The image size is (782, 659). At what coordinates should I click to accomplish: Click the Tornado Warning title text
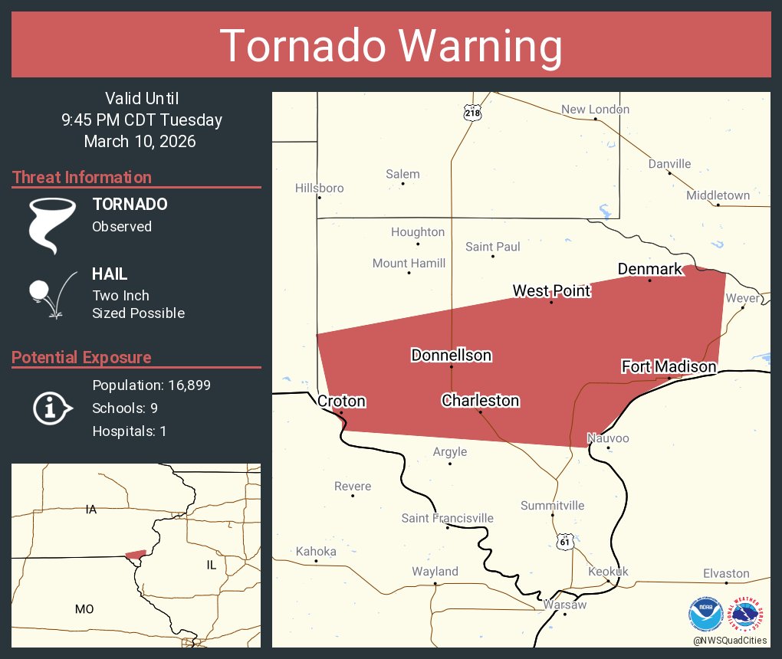click(x=391, y=46)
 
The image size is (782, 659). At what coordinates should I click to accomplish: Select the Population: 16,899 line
click(x=151, y=385)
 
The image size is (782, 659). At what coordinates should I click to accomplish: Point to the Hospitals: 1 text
click(x=129, y=431)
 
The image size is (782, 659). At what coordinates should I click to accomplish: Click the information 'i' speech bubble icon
click(x=51, y=408)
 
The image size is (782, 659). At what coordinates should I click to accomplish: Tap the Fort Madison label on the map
click(x=669, y=366)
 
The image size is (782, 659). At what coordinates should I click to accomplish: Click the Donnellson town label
click(x=451, y=355)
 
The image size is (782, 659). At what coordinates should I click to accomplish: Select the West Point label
click(x=551, y=290)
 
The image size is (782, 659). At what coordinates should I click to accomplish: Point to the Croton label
click(x=341, y=401)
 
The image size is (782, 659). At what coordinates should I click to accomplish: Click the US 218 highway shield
click(x=472, y=113)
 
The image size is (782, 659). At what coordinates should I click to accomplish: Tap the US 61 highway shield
click(x=565, y=541)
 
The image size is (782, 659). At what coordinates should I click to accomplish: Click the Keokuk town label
click(x=608, y=572)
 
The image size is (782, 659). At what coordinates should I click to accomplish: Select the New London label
click(x=595, y=110)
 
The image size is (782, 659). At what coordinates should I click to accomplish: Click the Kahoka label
click(x=316, y=551)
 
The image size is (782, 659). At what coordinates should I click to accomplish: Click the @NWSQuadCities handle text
click(x=729, y=640)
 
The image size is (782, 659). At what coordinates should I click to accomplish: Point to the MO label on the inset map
click(x=84, y=609)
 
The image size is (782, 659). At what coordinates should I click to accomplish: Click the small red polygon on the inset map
click(x=136, y=554)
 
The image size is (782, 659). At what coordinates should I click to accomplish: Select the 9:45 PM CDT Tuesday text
click(x=142, y=120)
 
